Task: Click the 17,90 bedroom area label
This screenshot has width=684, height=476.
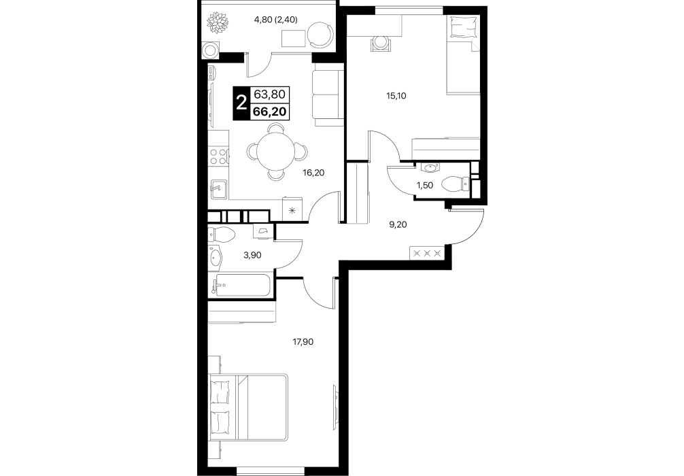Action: pyautogui.click(x=303, y=342)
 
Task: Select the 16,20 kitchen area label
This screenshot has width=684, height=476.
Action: pyautogui.click(x=313, y=173)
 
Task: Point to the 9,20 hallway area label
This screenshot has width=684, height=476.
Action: pyautogui.click(x=398, y=225)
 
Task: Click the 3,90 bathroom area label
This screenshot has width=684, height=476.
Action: pyautogui.click(x=252, y=255)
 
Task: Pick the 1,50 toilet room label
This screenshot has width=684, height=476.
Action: pyautogui.click(x=425, y=186)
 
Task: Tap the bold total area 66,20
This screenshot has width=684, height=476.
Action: pyautogui.click(x=269, y=112)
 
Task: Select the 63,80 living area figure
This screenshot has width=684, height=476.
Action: pyautogui.click(x=269, y=94)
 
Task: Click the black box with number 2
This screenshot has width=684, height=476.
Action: pyautogui.click(x=241, y=103)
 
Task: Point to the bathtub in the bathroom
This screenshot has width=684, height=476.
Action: pyautogui.click(x=241, y=286)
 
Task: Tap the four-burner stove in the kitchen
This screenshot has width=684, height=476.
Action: pyautogui.click(x=218, y=156)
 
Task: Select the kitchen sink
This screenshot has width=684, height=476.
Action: pyautogui.click(x=218, y=189)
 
